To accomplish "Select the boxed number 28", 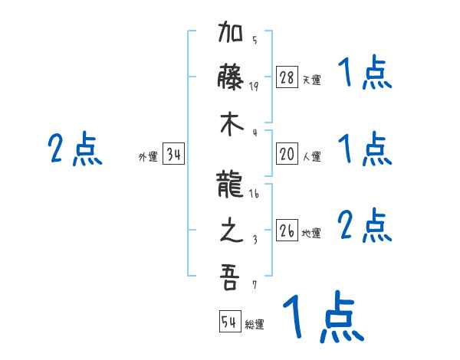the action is pyautogui.click(x=287, y=77).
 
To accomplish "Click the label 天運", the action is pyautogui.click(x=311, y=80).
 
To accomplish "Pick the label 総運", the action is pyautogui.click(x=255, y=325).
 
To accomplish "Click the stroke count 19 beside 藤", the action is pyautogui.click(x=255, y=86).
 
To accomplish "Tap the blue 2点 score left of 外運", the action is pyautogui.click(x=75, y=149).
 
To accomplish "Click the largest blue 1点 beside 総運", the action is pyautogui.click(x=322, y=316).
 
